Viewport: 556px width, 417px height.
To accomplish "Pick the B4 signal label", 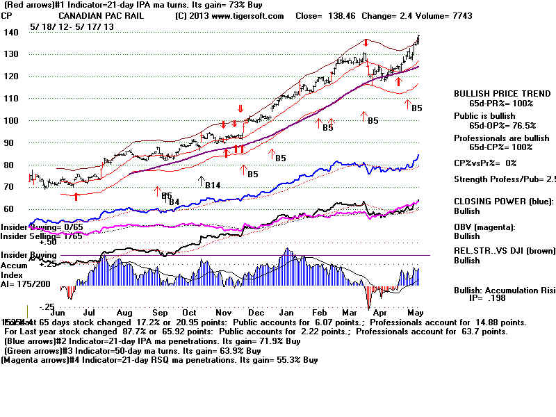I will [x=174, y=202].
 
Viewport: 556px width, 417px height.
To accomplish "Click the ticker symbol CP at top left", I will [x=7, y=15].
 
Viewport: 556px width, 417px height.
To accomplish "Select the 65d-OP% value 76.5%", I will [x=520, y=126].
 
